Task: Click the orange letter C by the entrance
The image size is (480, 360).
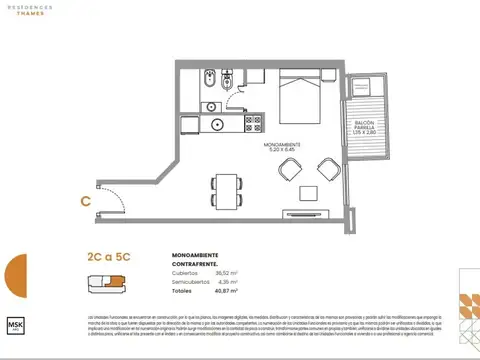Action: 86,200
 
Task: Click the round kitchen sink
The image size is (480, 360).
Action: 217,125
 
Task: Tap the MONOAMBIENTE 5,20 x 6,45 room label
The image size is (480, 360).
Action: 284,147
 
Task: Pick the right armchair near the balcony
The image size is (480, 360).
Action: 324,171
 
